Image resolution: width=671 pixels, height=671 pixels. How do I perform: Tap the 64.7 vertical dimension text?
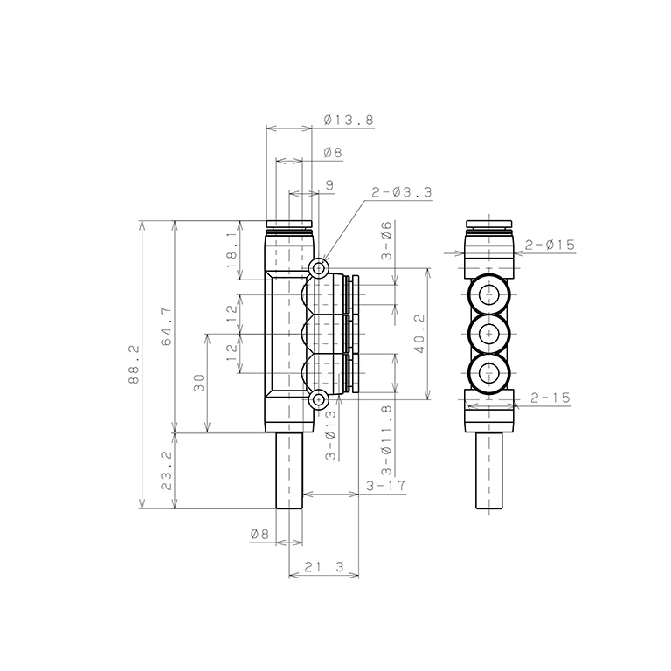coord(167,327)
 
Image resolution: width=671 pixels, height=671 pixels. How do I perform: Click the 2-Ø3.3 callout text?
coord(401,192)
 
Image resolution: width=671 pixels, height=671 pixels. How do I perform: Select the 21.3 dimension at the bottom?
coord(324,568)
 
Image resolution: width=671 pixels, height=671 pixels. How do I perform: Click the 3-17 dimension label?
coord(385,486)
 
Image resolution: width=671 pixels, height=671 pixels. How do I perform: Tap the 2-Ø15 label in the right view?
coord(550,246)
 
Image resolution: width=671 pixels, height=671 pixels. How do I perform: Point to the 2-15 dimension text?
coord(550,398)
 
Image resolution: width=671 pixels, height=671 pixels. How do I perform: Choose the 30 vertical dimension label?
coord(199,383)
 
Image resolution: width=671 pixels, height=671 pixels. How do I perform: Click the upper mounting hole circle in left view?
coord(319,266)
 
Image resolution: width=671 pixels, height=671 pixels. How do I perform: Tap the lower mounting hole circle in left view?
coord(319,401)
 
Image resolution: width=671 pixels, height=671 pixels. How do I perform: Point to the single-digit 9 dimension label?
coord(329,184)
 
